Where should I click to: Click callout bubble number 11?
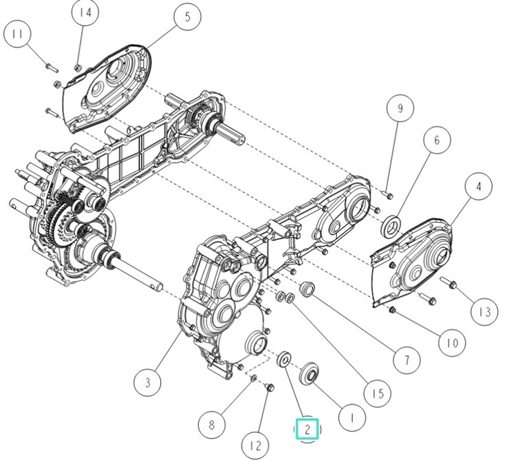pyautogui.click(x=17, y=34)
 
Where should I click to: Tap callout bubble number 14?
pyautogui.click(x=85, y=12)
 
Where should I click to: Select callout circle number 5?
pyautogui.click(x=188, y=17)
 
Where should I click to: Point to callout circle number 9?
pyautogui.click(x=400, y=107)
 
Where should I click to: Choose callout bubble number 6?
pyautogui.click(x=437, y=140)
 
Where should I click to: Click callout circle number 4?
pyautogui.click(x=479, y=187)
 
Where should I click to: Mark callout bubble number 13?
pyautogui.click(x=485, y=312)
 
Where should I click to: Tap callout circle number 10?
pyautogui.click(x=452, y=343)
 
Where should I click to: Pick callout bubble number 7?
pyautogui.click(x=407, y=360)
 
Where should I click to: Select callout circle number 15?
pyautogui.click(x=378, y=393)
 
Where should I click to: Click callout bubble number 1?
pyautogui.click(x=352, y=417)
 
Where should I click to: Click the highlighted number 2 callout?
pyautogui.click(x=307, y=429)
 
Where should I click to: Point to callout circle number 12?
pyautogui.click(x=256, y=446)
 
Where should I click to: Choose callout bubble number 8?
pyautogui.click(x=212, y=425)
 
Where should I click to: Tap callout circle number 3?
pyautogui.click(x=148, y=382)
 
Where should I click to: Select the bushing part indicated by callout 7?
pyautogui.click(x=307, y=289)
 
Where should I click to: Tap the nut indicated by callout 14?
pyautogui.click(x=78, y=68)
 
